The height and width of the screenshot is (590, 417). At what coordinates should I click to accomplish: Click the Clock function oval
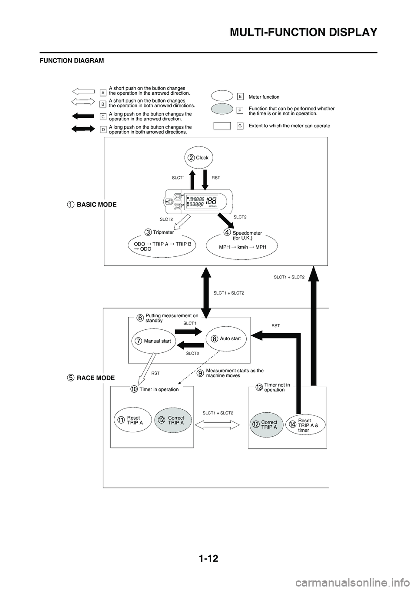pos(198,158)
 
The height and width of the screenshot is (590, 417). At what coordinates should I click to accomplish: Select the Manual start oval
pos(153,341)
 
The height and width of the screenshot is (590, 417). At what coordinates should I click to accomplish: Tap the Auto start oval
pos(226,338)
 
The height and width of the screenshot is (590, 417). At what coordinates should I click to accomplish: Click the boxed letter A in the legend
pos(103,92)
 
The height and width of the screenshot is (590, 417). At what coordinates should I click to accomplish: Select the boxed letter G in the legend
pos(240,126)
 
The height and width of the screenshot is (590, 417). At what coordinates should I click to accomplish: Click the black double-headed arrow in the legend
pos(83,129)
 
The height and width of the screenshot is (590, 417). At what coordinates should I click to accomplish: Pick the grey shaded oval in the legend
pos(222,110)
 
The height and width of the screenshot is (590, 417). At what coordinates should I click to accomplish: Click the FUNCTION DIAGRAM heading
pos(72,61)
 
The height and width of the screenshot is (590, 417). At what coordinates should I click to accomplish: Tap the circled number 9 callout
pos(200,373)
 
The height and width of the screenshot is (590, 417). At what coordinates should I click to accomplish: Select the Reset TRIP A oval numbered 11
pos(130,420)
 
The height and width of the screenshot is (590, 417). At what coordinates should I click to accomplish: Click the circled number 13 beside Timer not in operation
pos(259,387)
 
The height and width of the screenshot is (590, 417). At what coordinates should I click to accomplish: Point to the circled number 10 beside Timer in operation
pos(134,389)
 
